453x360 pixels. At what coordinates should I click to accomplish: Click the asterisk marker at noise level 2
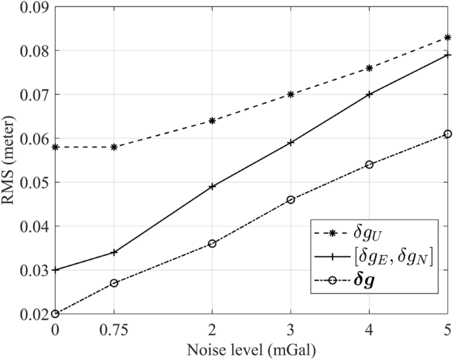212,120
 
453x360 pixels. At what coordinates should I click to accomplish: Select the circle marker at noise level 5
448,134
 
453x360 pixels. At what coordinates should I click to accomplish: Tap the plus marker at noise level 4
369,94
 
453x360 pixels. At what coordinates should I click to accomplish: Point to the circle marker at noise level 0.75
114,283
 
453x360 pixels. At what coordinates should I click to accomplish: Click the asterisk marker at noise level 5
448,37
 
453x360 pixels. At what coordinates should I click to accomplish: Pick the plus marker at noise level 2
212,187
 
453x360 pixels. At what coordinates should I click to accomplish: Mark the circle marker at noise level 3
290,199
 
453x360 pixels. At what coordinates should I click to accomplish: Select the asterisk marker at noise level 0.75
114,147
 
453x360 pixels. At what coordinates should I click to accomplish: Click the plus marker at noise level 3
290,142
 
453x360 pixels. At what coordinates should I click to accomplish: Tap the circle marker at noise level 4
369,164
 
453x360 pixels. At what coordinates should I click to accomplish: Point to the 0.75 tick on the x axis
114,330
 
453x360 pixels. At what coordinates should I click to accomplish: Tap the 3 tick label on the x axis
290,330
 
